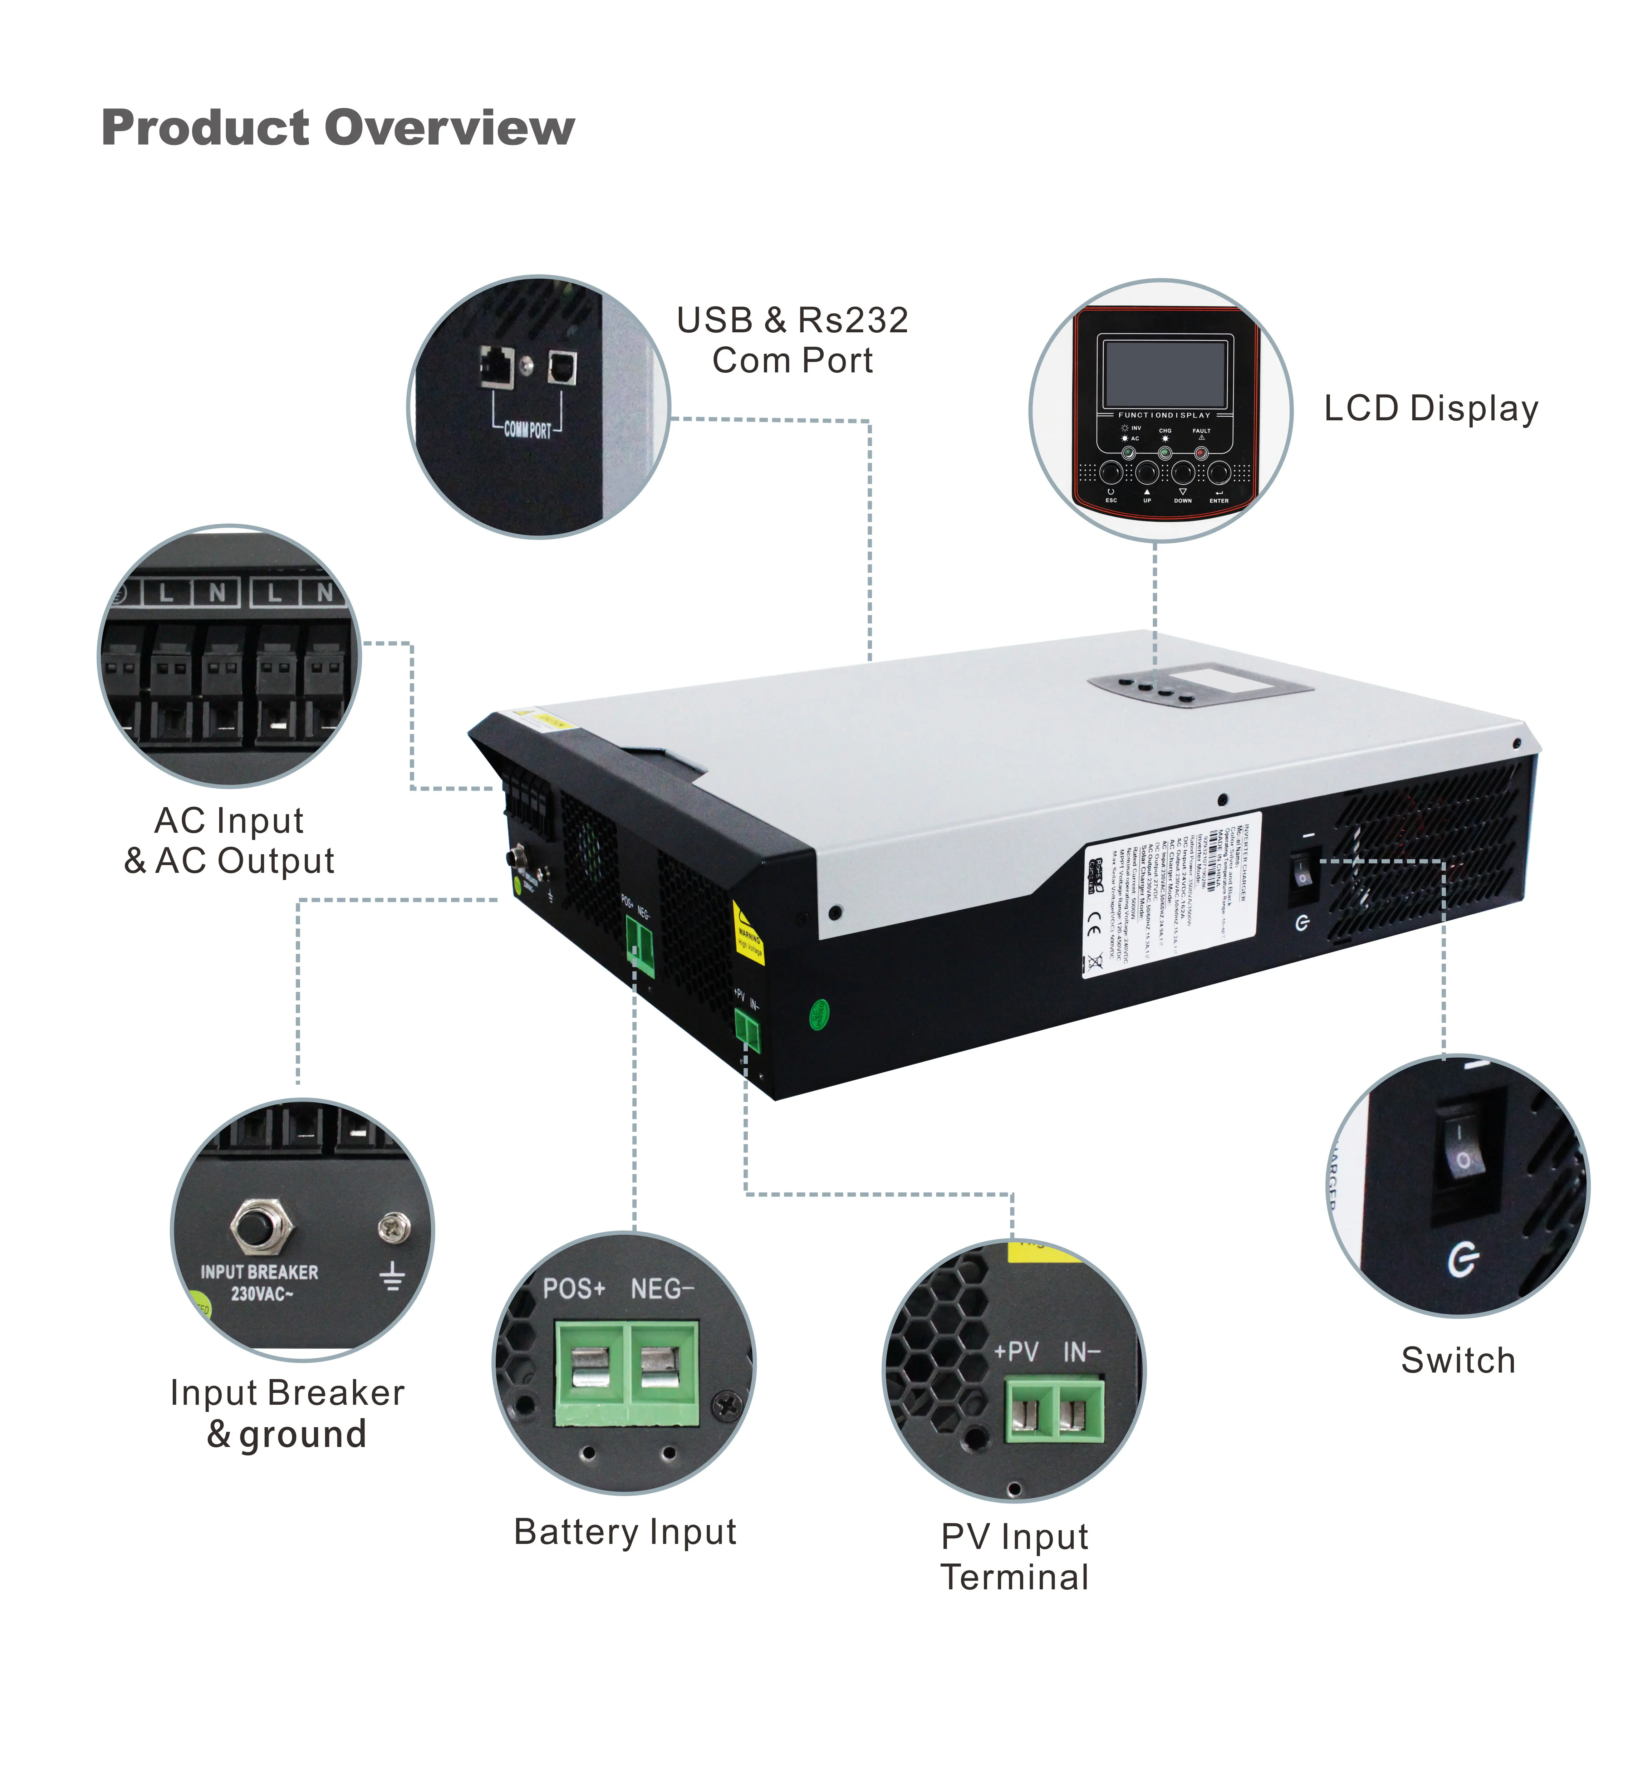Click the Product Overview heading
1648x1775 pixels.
click(x=338, y=128)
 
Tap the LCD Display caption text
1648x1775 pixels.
click(x=1431, y=409)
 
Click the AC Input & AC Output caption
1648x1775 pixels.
click(x=229, y=840)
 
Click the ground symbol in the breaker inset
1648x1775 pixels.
click(x=392, y=1277)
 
